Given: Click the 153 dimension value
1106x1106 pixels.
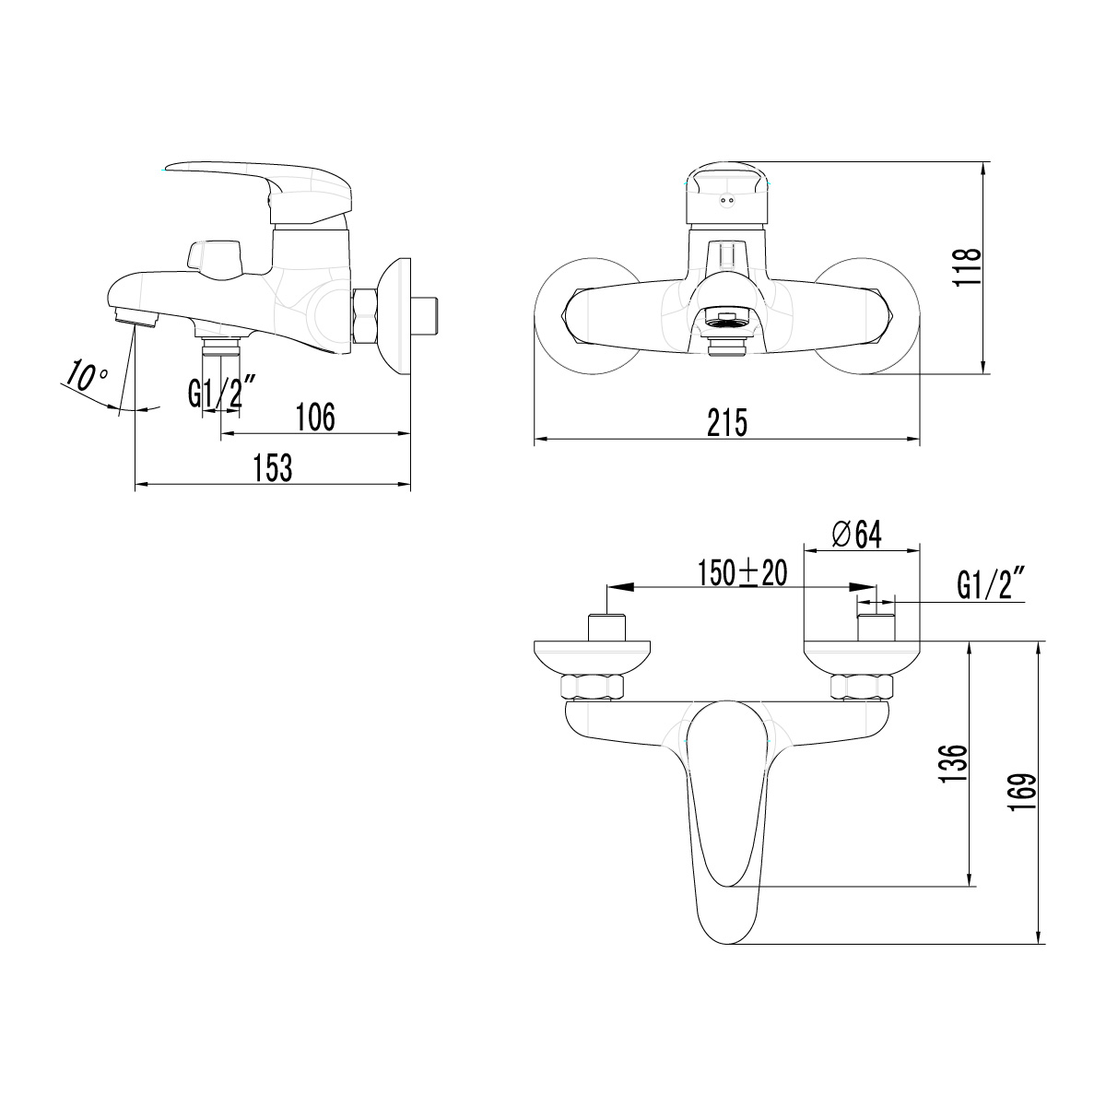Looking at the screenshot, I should tap(272, 467).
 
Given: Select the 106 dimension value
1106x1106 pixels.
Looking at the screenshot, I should tap(314, 417).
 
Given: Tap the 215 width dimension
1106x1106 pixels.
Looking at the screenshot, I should tap(727, 423).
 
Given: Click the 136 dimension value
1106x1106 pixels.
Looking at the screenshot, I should tap(956, 763).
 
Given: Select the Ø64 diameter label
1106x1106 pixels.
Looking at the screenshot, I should tap(856, 534).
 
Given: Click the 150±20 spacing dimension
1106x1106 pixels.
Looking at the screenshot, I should tap(742, 573).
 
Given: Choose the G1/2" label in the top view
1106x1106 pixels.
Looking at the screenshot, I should tap(993, 585).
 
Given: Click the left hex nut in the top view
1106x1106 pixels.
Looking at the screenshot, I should tap(593, 687).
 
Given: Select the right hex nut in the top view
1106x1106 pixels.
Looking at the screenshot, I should tap(863, 687).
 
